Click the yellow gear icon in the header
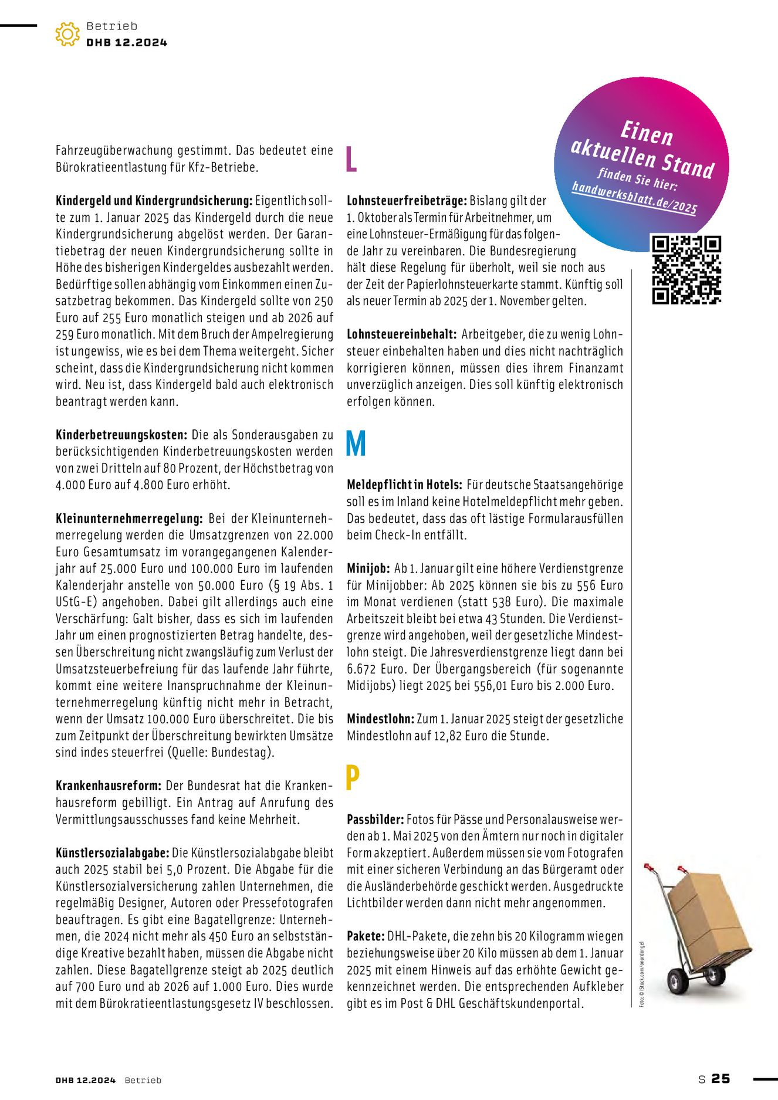[x=67, y=34]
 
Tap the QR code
[x=686, y=269]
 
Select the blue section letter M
[x=356, y=444]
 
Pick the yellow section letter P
[x=352, y=778]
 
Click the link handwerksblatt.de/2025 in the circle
[x=634, y=198]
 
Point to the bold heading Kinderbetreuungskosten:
[x=121, y=435]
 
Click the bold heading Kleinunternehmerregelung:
[x=129, y=519]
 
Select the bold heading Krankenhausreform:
[x=108, y=786]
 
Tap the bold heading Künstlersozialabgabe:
[x=113, y=853]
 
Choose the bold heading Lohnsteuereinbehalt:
[x=401, y=334]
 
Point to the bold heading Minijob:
[x=368, y=568]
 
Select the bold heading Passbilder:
[x=375, y=820]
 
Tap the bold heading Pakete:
[x=366, y=936]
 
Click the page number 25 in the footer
[x=721, y=1079]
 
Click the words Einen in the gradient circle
[x=647, y=134]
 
